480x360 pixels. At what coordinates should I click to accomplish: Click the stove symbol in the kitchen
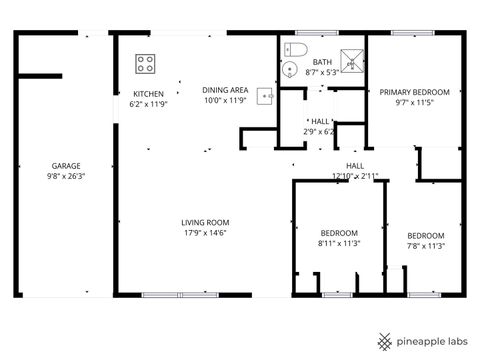[x=145, y=64]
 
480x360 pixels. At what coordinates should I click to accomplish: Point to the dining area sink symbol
[x=265, y=96]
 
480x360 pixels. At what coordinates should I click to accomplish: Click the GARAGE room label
[x=66, y=166]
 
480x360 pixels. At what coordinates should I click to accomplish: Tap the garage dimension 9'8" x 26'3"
[x=66, y=176]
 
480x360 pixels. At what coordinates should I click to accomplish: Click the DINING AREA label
[x=224, y=90]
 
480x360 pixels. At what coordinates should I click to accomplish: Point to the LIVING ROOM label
[x=205, y=222]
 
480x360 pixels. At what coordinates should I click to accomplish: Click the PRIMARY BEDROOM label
[x=414, y=92]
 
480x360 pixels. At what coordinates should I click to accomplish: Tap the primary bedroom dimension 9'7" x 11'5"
[x=414, y=102]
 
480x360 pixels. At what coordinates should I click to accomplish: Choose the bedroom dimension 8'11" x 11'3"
[x=339, y=243]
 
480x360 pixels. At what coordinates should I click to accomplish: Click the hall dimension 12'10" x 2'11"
[x=355, y=176]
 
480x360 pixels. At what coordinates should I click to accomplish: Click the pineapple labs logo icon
[x=384, y=340]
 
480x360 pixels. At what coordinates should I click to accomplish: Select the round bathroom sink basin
[x=288, y=69]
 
